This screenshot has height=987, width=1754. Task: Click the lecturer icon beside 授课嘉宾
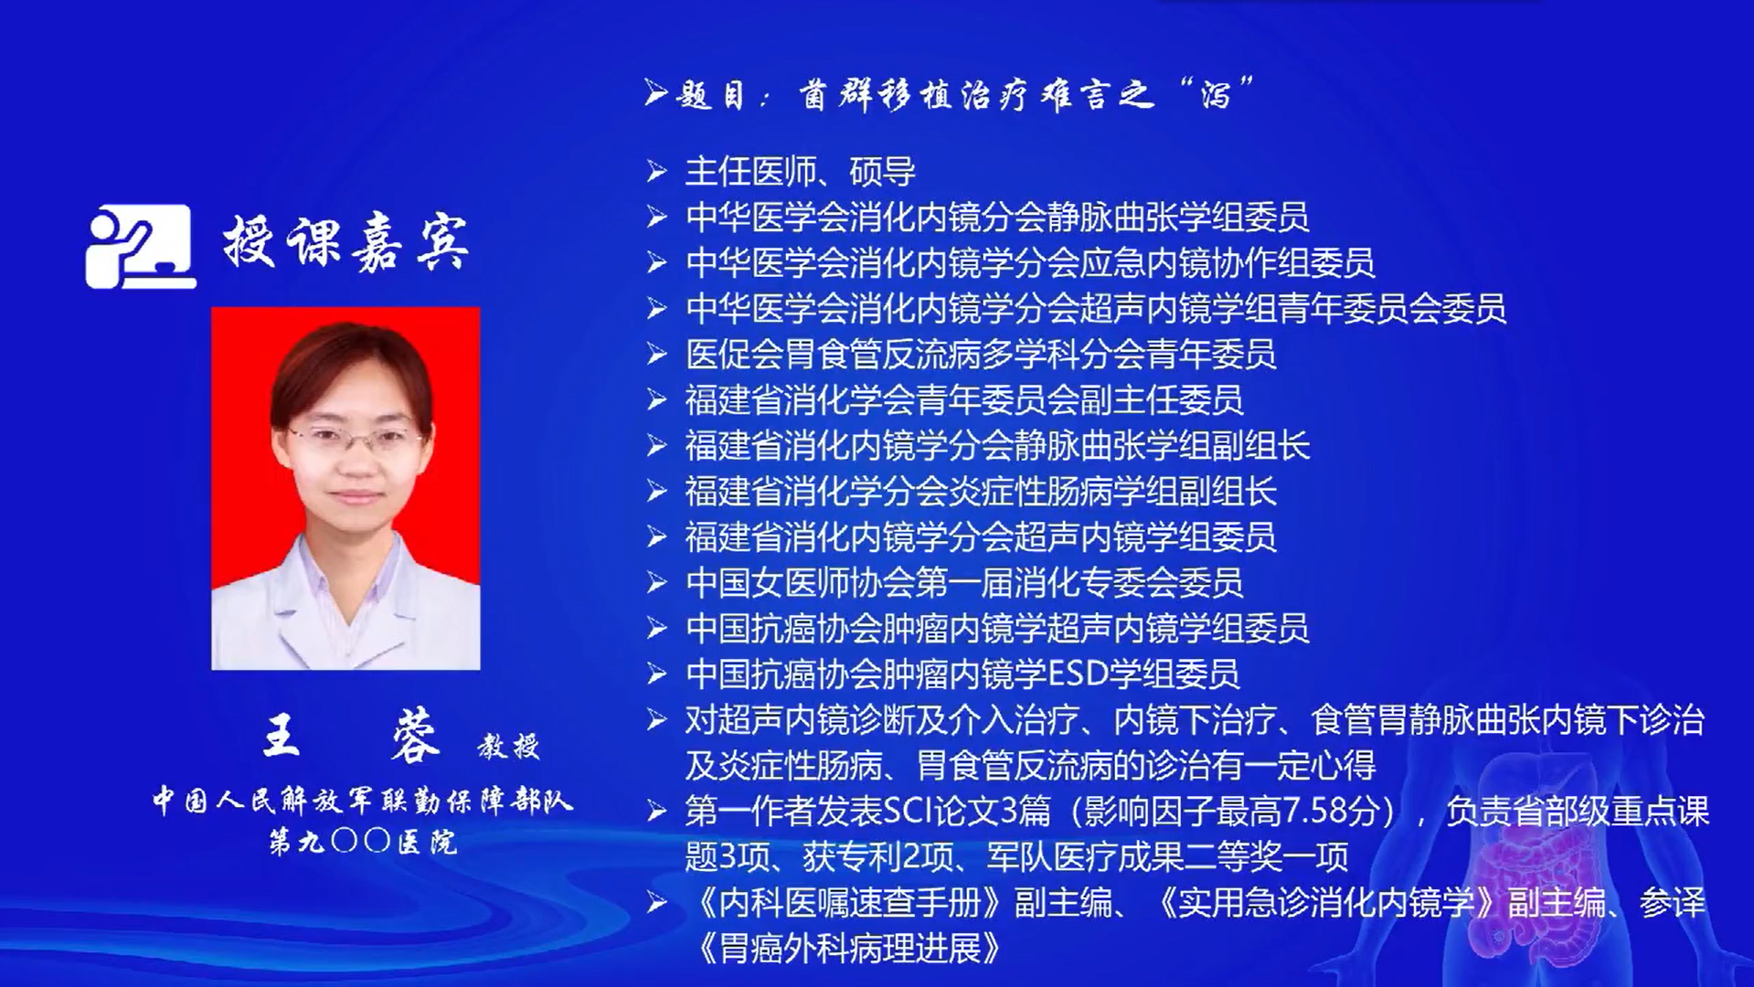(x=141, y=246)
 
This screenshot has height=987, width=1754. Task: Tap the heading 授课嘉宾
(x=346, y=243)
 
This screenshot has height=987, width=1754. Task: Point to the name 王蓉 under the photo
(x=352, y=737)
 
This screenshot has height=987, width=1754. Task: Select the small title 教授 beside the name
(x=509, y=747)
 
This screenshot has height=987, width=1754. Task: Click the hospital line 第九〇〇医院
(x=363, y=841)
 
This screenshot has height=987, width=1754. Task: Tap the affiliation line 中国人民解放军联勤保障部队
(x=362, y=801)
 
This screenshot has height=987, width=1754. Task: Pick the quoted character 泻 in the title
(x=1217, y=93)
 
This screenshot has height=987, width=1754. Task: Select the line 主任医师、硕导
(x=801, y=172)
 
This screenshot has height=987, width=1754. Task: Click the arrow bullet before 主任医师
(x=656, y=171)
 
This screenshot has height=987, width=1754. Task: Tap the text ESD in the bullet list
(x=1078, y=674)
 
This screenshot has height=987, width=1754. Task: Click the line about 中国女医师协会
(x=964, y=583)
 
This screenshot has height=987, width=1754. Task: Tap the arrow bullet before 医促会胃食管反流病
(x=656, y=354)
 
